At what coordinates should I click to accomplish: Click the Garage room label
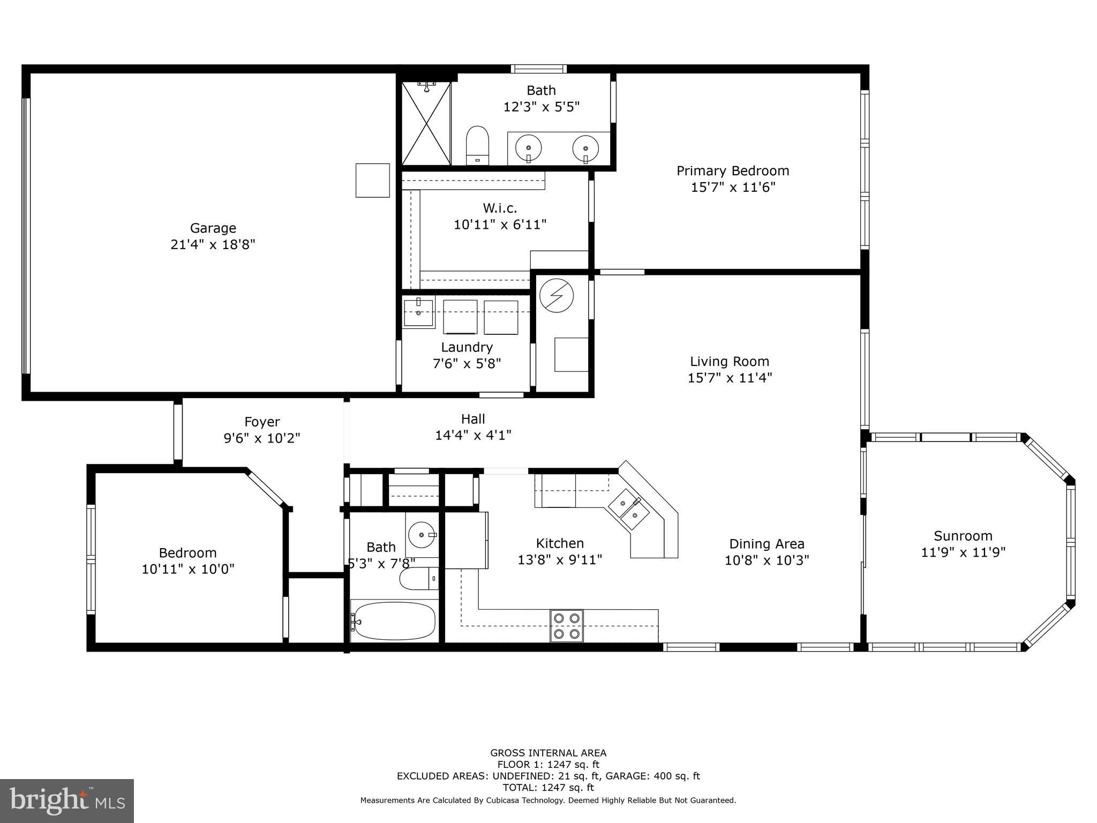pyautogui.click(x=213, y=228)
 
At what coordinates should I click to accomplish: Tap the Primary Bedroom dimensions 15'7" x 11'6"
pyautogui.click(x=733, y=188)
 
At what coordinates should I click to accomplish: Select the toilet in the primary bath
pyautogui.click(x=478, y=144)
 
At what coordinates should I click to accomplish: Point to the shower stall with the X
pyautogui.click(x=426, y=123)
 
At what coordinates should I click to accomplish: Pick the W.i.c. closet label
pyautogui.click(x=500, y=208)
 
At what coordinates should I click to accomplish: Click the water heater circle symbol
pyautogui.click(x=556, y=295)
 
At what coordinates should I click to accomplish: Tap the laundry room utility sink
pyautogui.click(x=418, y=313)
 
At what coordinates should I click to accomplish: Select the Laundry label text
pyautogui.click(x=467, y=347)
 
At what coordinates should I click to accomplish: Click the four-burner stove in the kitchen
pyautogui.click(x=567, y=626)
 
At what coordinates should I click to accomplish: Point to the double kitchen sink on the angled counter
pyautogui.click(x=629, y=510)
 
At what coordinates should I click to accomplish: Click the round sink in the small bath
pyautogui.click(x=422, y=534)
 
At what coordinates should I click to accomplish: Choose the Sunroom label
pyautogui.click(x=963, y=536)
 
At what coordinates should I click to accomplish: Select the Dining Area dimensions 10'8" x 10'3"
pyautogui.click(x=767, y=560)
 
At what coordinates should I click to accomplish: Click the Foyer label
pyautogui.click(x=262, y=422)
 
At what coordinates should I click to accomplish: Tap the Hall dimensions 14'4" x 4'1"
pyautogui.click(x=473, y=436)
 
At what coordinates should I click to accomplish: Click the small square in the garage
pyautogui.click(x=373, y=181)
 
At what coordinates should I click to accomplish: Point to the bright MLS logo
pyautogui.click(x=67, y=801)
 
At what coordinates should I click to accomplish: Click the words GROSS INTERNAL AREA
pyautogui.click(x=548, y=753)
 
